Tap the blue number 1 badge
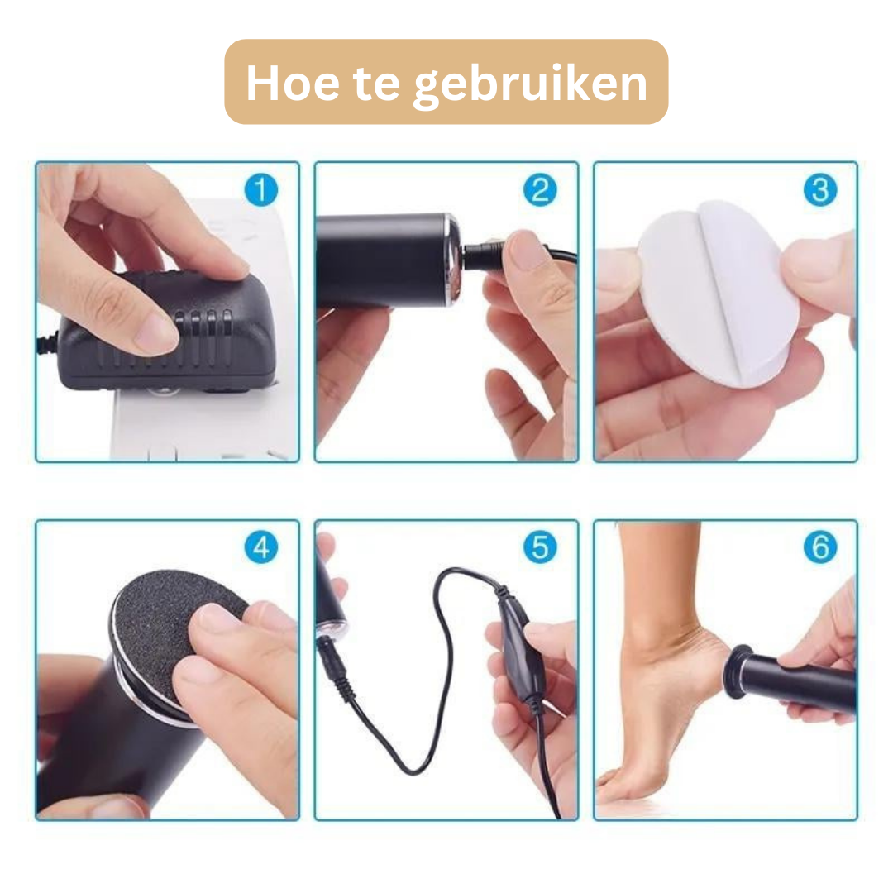click(261, 190)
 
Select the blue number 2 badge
click(540, 190)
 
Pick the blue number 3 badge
click(819, 190)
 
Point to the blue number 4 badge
click(261, 547)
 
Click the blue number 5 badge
click(540, 547)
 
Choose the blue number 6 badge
click(819, 547)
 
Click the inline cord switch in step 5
click(517, 645)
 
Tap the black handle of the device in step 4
click(124, 744)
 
